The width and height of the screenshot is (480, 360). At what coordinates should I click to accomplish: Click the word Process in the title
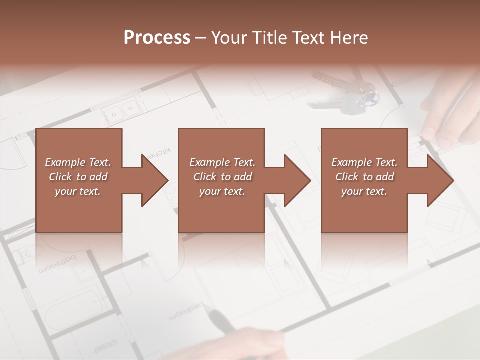click(157, 38)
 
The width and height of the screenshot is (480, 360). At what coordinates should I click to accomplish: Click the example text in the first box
click(78, 177)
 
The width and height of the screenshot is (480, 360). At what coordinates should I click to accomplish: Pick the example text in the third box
click(364, 177)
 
